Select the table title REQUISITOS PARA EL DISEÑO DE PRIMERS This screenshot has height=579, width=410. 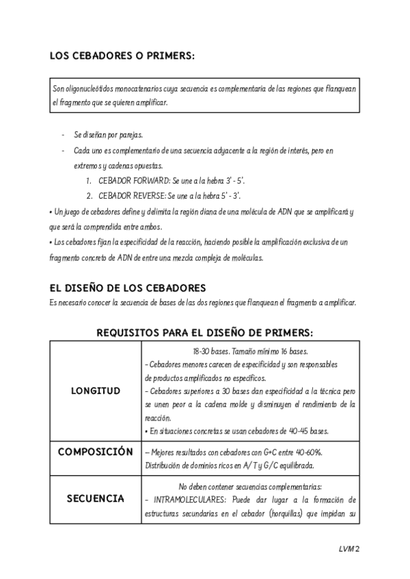point(205,333)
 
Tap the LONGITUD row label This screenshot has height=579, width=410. point(96,391)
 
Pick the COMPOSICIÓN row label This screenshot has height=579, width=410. point(96,452)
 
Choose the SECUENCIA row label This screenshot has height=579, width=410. point(96,498)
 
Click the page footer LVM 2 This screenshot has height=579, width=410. point(348,548)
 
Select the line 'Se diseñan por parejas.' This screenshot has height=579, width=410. point(108,135)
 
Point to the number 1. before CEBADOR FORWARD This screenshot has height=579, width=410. point(89,181)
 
